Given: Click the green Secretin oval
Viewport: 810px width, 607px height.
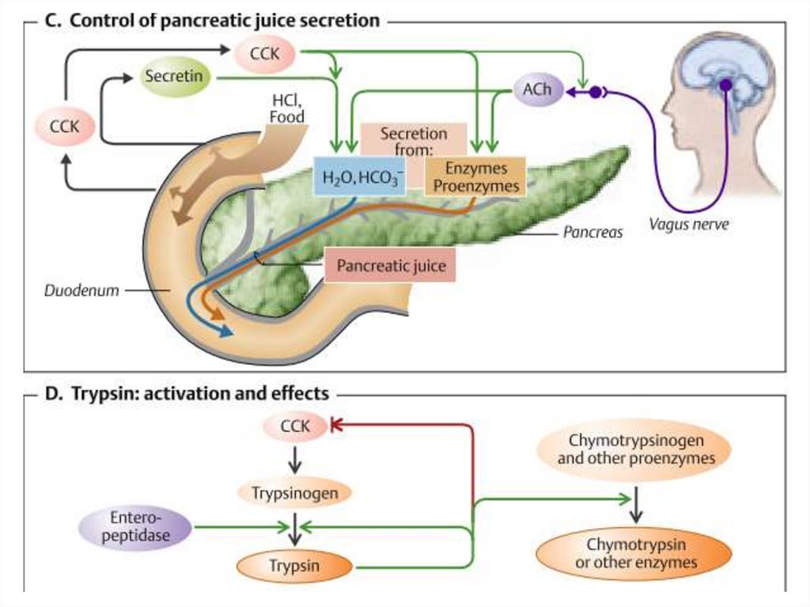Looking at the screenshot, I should point(173,78).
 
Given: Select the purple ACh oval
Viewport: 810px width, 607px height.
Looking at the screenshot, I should point(536,90).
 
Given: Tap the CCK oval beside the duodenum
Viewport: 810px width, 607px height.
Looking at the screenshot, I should point(63,126).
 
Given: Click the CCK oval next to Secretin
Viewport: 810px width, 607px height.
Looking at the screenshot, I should point(264,54).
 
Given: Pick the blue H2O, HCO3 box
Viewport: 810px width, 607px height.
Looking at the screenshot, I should point(358,176).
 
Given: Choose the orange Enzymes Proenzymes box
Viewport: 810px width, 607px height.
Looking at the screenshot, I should point(475,177).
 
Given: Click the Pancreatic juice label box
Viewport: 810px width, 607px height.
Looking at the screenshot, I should point(391,265).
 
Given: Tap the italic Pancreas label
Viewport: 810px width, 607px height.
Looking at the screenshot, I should point(593,233).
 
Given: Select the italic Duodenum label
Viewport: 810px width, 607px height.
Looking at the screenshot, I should point(81,290).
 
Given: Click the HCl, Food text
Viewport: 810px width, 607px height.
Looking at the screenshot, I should point(286,110).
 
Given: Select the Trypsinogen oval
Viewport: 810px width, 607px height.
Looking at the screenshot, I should point(294,493).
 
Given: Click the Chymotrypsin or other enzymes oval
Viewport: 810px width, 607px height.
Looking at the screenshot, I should point(635,554).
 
